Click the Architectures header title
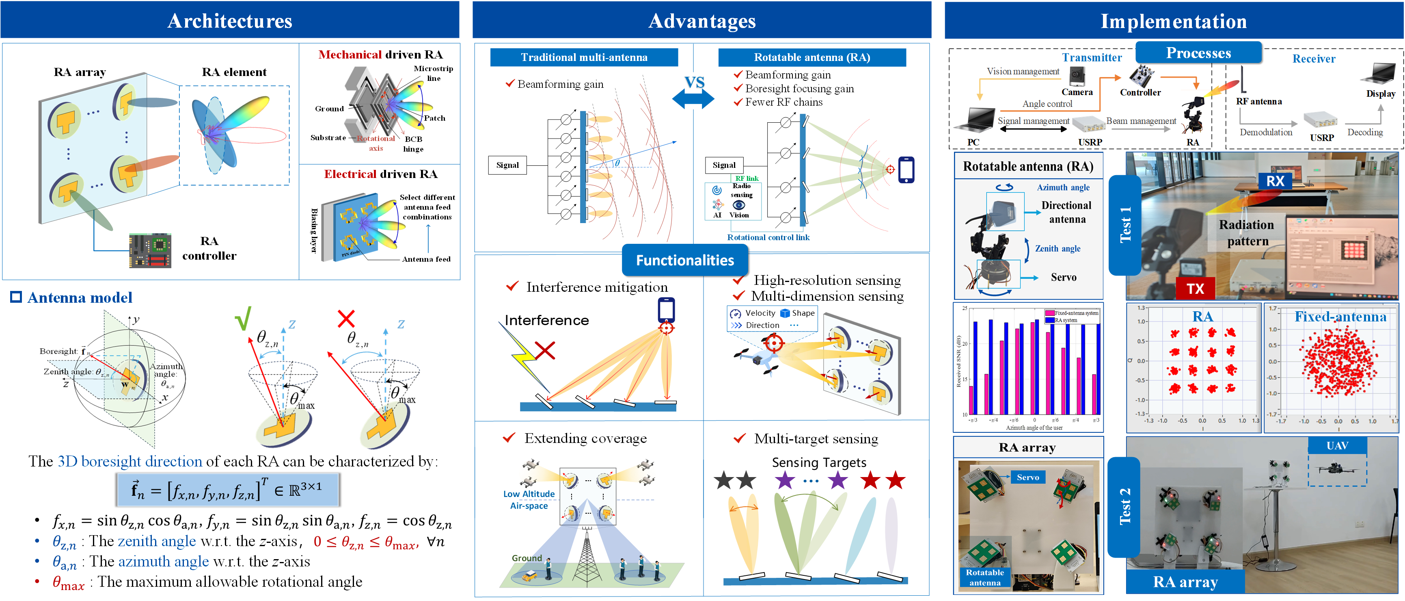tap(230, 21)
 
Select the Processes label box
tap(1198, 53)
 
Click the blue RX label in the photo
tap(1275, 181)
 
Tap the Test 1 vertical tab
tap(1124, 225)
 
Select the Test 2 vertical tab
tap(1124, 507)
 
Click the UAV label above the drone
tap(1337, 445)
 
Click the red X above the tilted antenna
tap(346, 318)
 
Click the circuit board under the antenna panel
tap(150, 251)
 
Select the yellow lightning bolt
tap(522, 356)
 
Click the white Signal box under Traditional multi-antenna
tap(507, 165)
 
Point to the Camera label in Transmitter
tap(1077, 92)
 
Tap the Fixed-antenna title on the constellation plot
tap(1340, 317)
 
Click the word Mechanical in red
tap(350, 54)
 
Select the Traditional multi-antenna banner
tap(584, 57)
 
